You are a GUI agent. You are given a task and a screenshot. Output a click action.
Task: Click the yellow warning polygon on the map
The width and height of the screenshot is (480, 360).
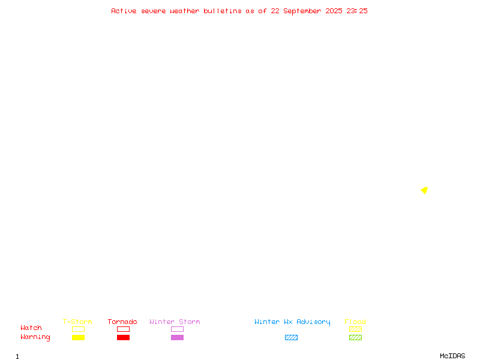425,190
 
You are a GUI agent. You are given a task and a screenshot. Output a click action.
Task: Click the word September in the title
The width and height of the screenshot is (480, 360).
302,11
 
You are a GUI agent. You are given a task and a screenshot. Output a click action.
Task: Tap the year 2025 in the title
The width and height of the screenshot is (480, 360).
334,11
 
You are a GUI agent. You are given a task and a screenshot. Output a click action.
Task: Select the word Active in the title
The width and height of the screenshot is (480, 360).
124,11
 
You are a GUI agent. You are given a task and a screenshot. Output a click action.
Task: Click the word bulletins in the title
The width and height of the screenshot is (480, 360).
222,11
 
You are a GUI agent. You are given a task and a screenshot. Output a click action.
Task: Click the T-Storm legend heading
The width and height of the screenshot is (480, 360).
77,322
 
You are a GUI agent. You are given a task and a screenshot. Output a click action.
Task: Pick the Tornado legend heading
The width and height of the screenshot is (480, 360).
122,322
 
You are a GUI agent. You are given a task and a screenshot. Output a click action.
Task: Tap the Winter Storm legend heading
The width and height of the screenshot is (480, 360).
175,322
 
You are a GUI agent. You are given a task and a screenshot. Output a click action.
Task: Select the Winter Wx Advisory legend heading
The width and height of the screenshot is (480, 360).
292,322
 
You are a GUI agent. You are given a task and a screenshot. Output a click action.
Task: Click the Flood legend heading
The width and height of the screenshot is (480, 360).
355,322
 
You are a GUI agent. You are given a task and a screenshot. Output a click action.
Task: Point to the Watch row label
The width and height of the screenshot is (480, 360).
31,328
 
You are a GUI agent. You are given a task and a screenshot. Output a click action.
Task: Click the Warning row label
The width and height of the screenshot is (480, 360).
35,337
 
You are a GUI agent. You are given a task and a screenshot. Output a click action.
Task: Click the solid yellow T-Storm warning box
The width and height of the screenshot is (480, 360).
79,338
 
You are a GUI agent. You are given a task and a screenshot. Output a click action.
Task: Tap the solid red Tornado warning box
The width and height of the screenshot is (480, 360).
124,338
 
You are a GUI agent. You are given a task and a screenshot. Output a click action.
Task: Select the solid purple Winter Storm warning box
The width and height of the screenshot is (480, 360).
177,338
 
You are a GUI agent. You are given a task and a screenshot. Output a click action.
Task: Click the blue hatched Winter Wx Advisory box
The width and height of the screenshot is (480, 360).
291,338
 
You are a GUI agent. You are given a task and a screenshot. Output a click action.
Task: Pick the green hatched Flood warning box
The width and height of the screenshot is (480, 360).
355,338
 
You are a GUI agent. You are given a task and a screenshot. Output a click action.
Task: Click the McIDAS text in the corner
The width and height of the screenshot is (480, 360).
452,356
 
